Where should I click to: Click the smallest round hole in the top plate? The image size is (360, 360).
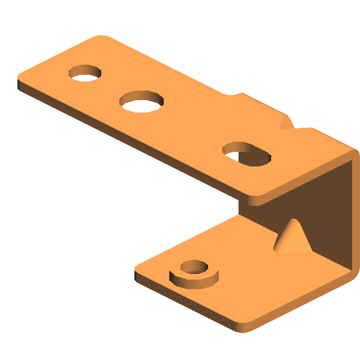point(85,73)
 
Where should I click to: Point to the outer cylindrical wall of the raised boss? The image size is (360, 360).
point(194,280)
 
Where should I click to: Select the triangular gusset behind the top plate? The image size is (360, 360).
point(286,122)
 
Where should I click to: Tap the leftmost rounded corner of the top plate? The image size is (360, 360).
point(21,79)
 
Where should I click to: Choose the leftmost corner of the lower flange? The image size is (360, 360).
point(137,270)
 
